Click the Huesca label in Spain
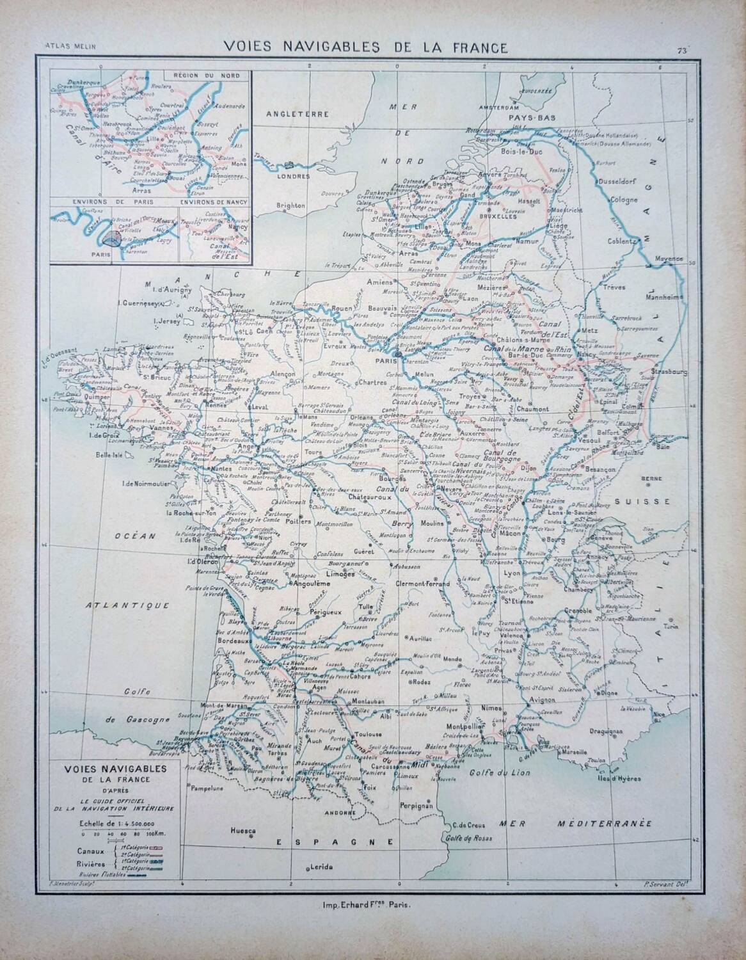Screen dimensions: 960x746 [244, 831]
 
